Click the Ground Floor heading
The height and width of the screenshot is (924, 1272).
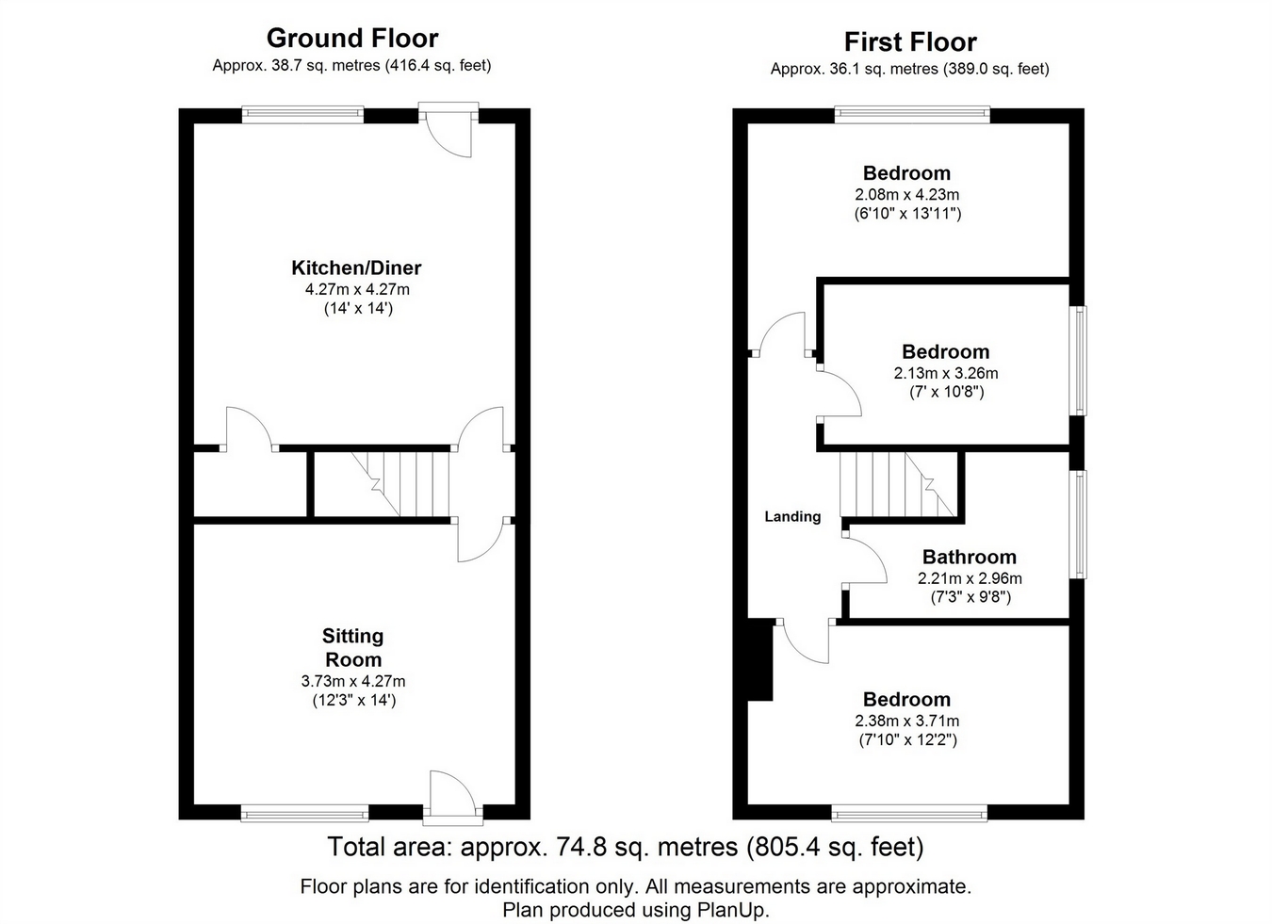352,39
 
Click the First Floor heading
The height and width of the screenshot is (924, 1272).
910,42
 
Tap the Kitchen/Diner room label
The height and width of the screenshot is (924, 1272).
356,267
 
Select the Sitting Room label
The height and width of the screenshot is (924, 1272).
352,648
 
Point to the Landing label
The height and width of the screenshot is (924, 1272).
792,516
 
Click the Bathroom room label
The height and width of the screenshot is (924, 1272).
970,557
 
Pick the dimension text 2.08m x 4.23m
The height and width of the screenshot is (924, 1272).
906,195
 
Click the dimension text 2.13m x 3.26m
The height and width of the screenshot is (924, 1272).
946,373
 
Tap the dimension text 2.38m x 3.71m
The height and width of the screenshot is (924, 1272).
906,721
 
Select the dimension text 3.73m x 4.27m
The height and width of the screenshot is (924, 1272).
353,681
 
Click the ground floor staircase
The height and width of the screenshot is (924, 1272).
400,484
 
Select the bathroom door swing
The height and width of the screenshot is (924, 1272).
865,560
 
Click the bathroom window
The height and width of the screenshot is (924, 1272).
1078,525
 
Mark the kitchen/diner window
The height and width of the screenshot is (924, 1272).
302,115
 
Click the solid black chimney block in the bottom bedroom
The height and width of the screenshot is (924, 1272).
760,659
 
